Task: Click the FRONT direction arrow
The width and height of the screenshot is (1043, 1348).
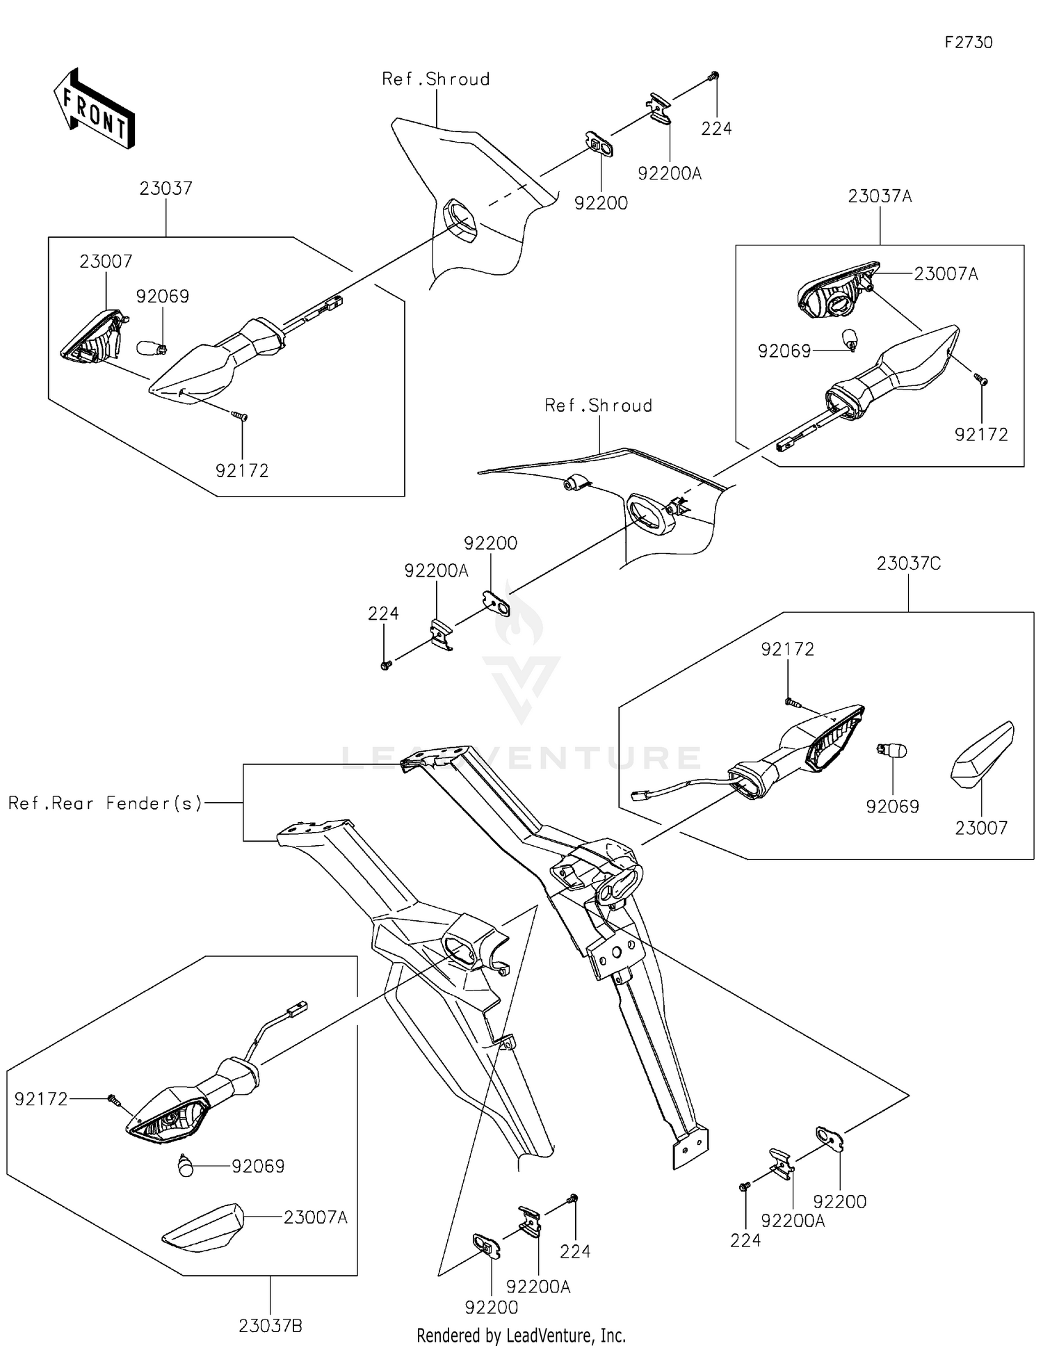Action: pyautogui.click(x=94, y=109)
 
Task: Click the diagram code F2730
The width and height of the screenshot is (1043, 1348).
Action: pyautogui.click(x=969, y=42)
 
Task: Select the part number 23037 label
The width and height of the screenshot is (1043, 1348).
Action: pyautogui.click(x=165, y=188)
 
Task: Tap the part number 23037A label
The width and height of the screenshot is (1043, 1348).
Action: pyautogui.click(x=880, y=196)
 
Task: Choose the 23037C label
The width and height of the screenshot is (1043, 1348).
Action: pyautogui.click(x=909, y=563)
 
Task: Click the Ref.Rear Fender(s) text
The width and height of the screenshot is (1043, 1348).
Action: pyautogui.click(x=105, y=803)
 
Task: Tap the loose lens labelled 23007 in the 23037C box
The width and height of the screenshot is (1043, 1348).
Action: pyautogui.click(x=982, y=755)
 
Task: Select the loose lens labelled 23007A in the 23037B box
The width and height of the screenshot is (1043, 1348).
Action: pyautogui.click(x=202, y=1228)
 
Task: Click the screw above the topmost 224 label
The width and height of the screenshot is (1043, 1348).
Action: pyautogui.click(x=714, y=76)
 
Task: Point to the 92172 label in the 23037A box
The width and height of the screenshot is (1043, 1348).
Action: pyautogui.click(x=981, y=435)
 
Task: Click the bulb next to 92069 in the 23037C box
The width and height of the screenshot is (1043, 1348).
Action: pyautogui.click(x=891, y=751)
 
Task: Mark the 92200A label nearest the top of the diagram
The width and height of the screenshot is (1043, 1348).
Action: pyautogui.click(x=670, y=174)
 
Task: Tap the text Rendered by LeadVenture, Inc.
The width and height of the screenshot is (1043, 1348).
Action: pyautogui.click(x=521, y=1335)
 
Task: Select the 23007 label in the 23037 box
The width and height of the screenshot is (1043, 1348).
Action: pyautogui.click(x=106, y=262)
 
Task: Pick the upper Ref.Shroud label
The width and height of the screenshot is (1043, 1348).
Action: pyautogui.click(x=436, y=79)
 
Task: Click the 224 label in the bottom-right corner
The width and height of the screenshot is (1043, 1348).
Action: pyautogui.click(x=745, y=1240)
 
